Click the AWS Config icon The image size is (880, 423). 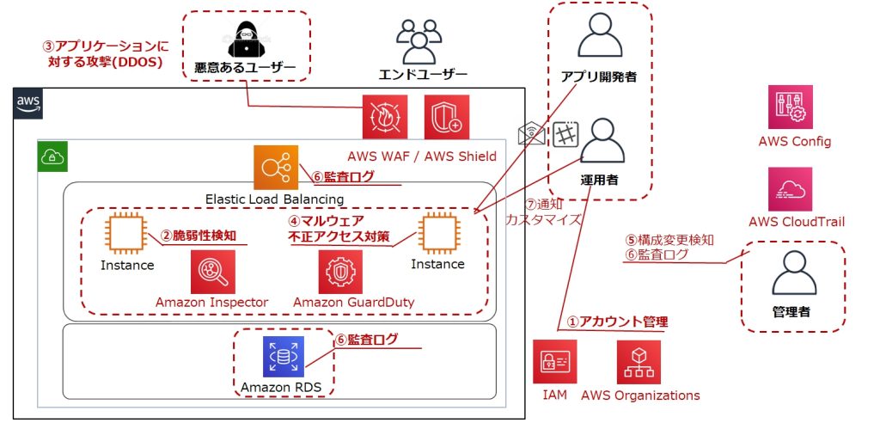click(791, 107)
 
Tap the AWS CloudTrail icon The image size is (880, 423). click(791, 189)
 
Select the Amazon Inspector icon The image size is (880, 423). click(213, 272)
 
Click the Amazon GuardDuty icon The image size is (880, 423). click(340, 272)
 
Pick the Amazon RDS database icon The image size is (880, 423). click(284, 357)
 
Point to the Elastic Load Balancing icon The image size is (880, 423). click(276, 168)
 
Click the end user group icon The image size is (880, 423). click(419, 41)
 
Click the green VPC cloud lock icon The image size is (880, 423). click(52, 156)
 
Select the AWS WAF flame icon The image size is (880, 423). click(384, 117)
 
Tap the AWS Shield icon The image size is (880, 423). click(447, 117)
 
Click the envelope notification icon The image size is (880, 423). click(531, 134)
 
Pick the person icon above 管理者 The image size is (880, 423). click(793, 273)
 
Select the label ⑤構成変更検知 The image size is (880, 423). click(669, 240)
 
